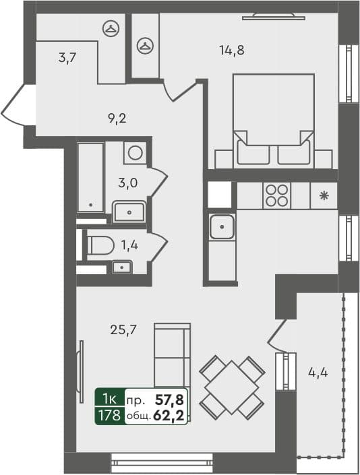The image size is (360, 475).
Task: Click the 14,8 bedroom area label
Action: tap(231, 49)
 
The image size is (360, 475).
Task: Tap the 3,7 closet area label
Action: tap(67, 58)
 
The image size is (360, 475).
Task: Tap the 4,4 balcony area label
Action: tap(318, 371)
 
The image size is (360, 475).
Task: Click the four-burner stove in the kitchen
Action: tap(277, 195)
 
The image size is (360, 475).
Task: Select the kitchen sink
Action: tap(222, 228)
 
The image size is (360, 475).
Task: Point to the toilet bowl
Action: tap(100, 245)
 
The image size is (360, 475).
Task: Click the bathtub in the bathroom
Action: tap(90, 178)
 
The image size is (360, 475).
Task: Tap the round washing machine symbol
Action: tap(135, 153)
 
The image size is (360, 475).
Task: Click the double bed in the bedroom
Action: tap(273, 121)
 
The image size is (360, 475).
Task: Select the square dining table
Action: tap(232, 387)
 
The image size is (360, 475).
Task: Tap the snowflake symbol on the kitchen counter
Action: tap(324, 196)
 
